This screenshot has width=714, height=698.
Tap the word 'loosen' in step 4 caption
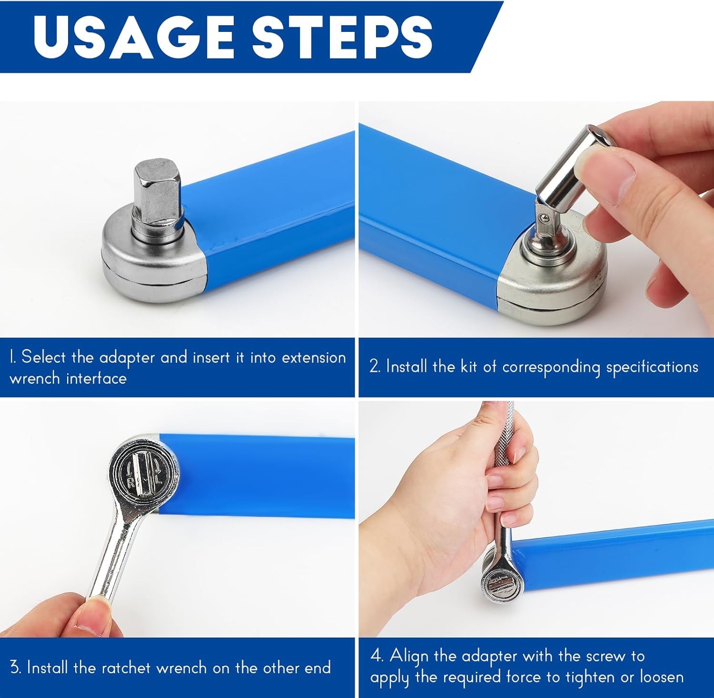[x=661, y=677]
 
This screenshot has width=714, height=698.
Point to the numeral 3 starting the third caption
[x=15, y=668]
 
